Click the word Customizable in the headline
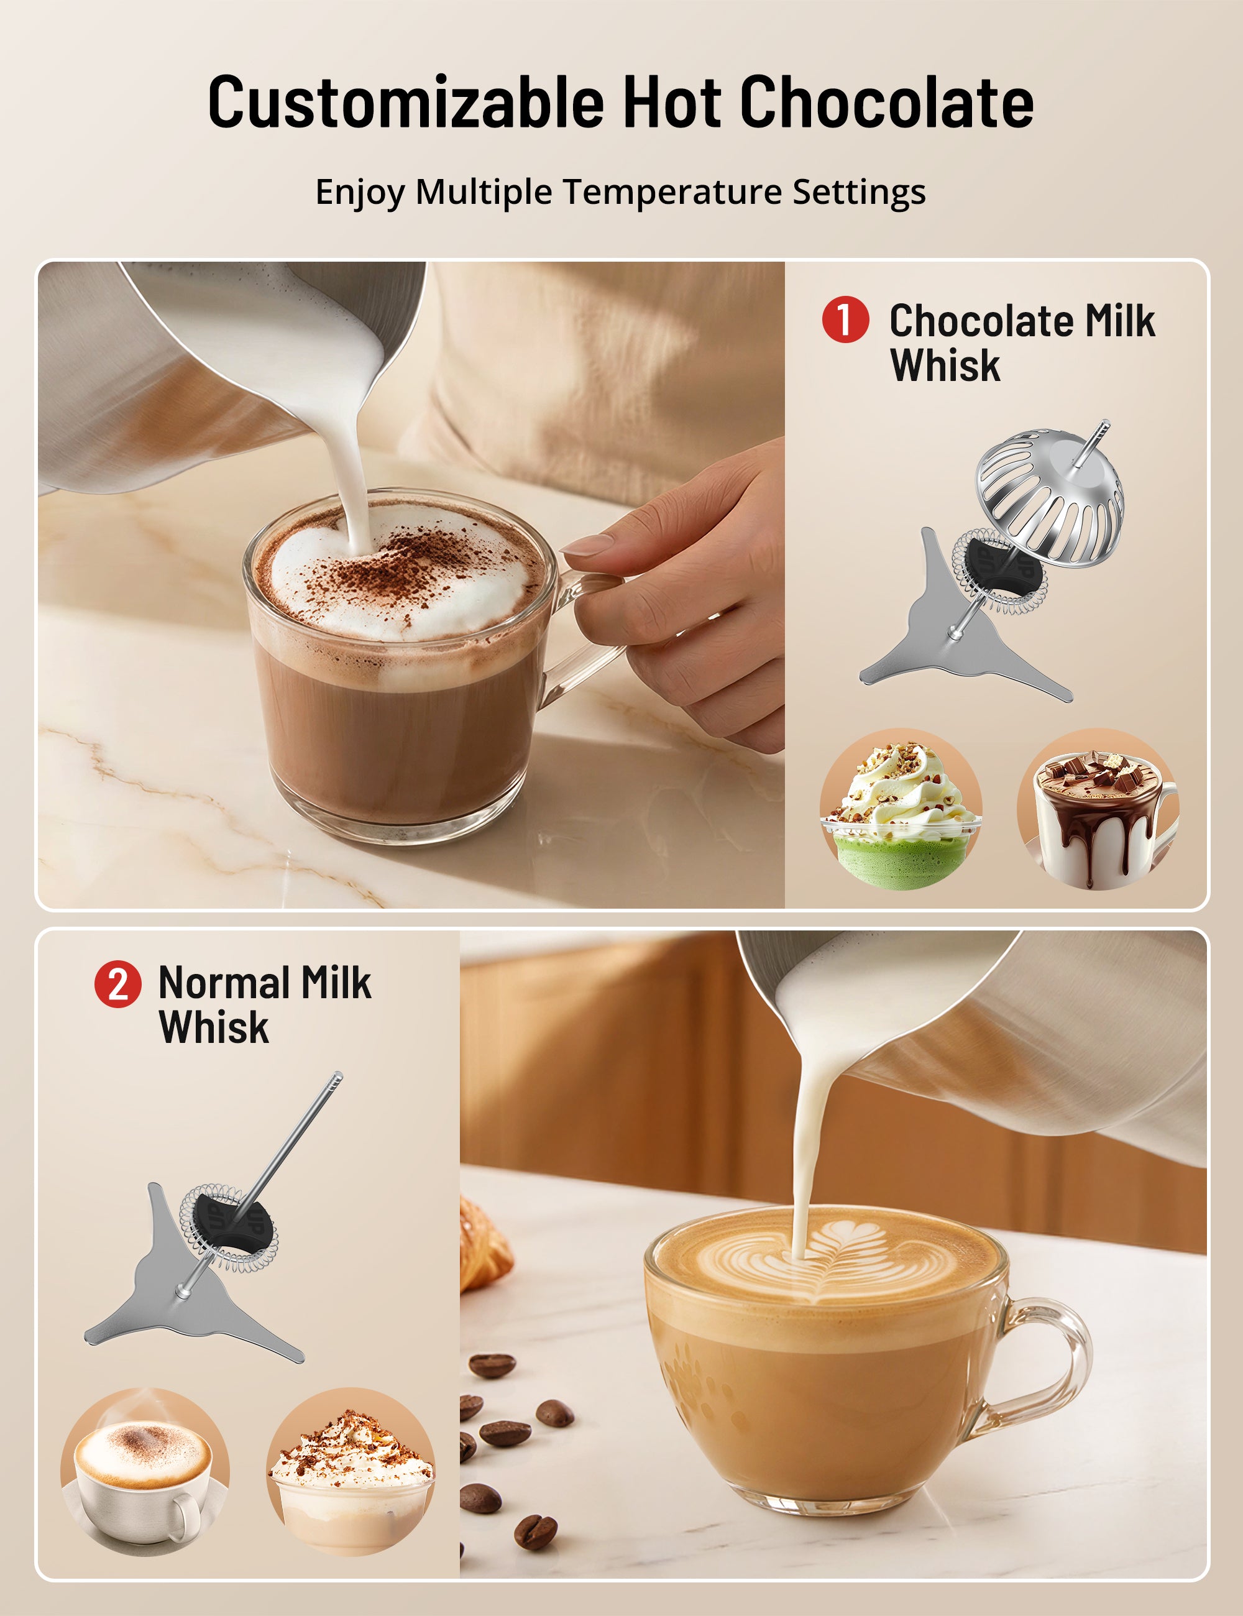point(405,102)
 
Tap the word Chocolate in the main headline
point(886,102)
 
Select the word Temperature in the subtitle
point(672,193)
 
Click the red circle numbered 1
point(845,319)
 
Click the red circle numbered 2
point(117,984)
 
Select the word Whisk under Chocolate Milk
point(945,365)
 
